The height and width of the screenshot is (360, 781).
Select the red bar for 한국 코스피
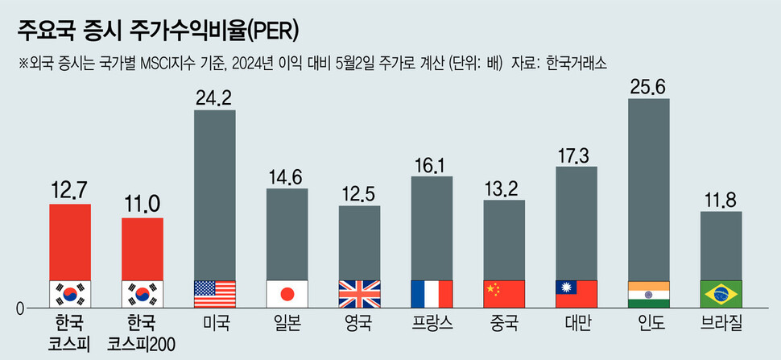tap(70, 242)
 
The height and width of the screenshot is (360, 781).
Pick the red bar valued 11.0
tap(143, 248)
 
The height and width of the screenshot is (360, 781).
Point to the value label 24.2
tap(215, 97)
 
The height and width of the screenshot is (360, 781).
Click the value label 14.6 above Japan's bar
tap(287, 176)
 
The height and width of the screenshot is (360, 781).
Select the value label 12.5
tap(360, 193)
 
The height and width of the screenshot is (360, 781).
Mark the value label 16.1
tap(432, 163)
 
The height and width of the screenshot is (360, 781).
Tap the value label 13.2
tap(504, 188)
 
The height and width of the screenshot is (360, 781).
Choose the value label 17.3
tap(576, 154)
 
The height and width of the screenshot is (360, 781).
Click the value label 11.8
tap(721, 199)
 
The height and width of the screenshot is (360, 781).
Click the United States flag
tap(215, 293)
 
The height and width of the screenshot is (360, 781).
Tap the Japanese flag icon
tap(287, 293)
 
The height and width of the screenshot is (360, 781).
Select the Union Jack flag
tap(360, 293)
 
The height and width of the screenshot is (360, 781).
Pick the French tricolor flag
tap(432, 293)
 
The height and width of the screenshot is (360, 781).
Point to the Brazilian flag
tap(721, 293)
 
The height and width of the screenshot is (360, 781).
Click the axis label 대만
tap(576, 325)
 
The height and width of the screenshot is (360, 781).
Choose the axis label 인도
tap(649, 325)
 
